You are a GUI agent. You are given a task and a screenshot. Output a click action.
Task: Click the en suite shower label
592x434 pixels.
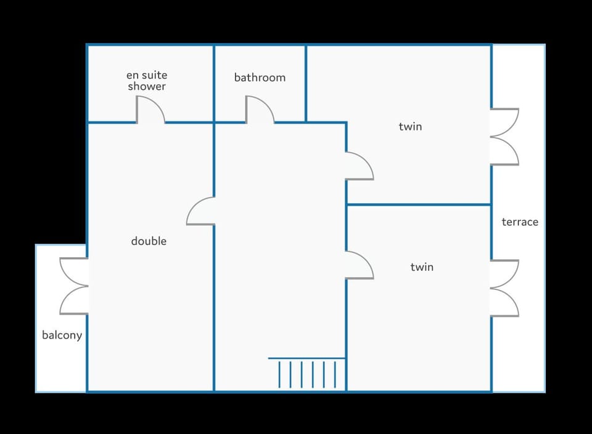pos(147,81)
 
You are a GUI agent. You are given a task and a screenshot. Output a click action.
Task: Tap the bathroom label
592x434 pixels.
pos(260,78)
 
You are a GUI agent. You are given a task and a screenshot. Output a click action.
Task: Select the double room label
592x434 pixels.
pos(149,241)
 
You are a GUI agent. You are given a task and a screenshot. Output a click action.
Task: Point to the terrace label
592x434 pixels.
pos(520,222)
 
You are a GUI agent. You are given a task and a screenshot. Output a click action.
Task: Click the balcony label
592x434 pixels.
pos(62,336)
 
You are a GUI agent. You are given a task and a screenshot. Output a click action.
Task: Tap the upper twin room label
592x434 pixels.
pos(410,127)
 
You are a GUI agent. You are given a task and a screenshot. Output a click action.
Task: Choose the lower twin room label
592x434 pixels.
pos(422,267)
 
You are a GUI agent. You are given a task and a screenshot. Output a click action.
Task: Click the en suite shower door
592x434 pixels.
pos(150,111)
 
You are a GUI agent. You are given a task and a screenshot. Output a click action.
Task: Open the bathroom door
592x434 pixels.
pos(260,111)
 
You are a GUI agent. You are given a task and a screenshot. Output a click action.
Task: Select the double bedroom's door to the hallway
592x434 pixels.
pos(201,211)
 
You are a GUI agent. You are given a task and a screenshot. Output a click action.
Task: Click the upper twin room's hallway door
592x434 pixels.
pos(359,166)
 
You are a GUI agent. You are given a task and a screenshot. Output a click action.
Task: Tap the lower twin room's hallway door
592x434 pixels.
pos(359,266)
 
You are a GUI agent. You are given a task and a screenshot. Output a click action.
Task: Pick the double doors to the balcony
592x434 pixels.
pos(74,286)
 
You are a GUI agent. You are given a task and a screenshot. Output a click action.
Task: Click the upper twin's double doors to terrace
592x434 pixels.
pos(504,137)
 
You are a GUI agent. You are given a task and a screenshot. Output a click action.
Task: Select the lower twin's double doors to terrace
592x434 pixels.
pos(504,288)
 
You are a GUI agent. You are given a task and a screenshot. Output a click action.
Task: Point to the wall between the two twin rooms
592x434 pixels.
pos(419,204)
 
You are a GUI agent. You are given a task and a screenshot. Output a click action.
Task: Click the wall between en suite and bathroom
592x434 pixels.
pos(214,83)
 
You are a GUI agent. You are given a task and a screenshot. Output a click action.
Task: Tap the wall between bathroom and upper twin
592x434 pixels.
pos(306,83)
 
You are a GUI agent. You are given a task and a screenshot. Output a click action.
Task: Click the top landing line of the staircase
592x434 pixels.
pos(306,358)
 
